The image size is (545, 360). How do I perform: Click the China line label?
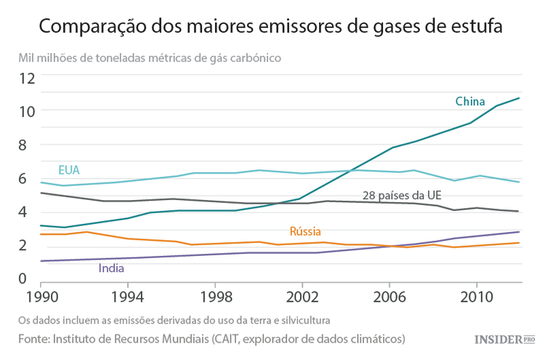[x=469, y=101]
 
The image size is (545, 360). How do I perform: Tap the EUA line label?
[x=68, y=170]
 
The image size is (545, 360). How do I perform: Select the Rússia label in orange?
[x=305, y=231]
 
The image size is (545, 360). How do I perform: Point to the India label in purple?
[x=110, y=268]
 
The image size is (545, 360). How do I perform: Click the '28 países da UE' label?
[x=402, y=196]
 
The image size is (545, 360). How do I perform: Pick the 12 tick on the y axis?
[x=27, y=78]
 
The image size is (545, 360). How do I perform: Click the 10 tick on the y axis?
[x=27, y=111]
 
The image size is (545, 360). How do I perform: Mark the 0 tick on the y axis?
[x=22, y=278]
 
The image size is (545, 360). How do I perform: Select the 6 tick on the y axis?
[x=22, y=178]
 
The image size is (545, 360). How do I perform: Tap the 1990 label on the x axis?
[x=41, y=298]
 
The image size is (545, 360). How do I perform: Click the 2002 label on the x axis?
[x=302, y=298]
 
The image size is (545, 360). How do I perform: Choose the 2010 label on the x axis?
[x=476, y=298]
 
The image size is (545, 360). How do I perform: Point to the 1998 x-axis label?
[x=214, y=298]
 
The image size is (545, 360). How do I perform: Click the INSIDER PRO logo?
[x=504, y=340]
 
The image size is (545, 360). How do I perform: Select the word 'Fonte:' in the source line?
[x=36, y=339]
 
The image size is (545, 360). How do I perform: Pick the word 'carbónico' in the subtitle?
[x=258, y=57]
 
